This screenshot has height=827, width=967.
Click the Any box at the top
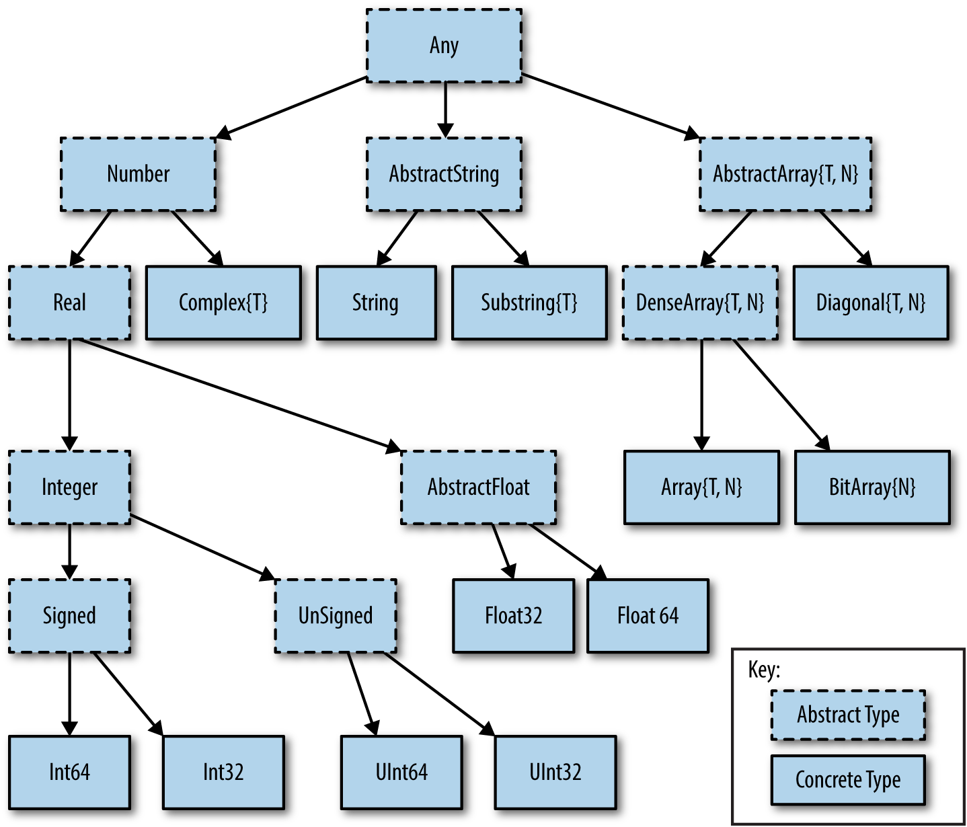tap(444, 46)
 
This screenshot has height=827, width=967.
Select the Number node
tap(138, 174)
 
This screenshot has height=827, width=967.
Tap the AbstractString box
tap(444, 174)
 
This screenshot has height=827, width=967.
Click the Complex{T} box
tap(223, 303)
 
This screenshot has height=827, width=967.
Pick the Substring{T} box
tap(529, 303)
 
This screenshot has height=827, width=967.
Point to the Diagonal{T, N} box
tap(871, 303)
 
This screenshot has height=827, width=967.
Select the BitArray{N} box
tap(872, 487)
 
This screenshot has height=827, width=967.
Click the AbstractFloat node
tap(478, 487)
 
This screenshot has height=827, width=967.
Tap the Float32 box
tap(513, 615)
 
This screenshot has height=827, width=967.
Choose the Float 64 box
tap(648, 615)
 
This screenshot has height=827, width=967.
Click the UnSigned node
tap(335, 615)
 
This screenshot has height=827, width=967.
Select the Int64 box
tap(69, 772)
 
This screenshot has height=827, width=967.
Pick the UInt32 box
tap(555, 772)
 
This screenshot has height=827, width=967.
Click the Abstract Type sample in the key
tap(848, 715)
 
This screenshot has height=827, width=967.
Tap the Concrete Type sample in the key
tap(848, 780)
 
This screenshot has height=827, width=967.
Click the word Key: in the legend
tap(764, 670)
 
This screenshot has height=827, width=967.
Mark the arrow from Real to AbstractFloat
tap(235, 393)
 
